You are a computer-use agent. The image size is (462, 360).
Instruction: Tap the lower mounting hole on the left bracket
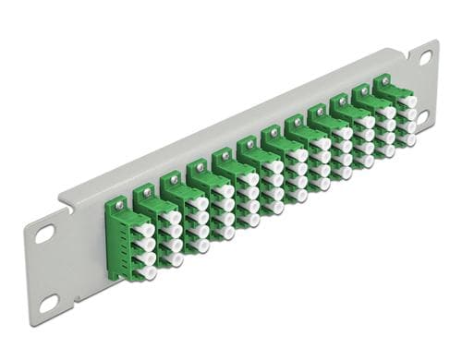(46, 301)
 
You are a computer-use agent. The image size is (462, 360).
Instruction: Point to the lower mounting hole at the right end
(423, 117)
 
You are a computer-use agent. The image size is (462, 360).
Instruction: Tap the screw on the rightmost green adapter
(383, 78)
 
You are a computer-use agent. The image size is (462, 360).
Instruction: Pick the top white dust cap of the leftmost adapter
(145, 229)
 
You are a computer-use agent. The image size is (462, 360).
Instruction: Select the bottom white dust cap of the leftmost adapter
(145, 272)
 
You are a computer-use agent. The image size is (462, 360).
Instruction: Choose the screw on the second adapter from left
(146, 189)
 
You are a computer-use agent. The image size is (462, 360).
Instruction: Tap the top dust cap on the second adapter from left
(174, 217)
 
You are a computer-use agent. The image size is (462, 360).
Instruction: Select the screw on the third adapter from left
(170, 176)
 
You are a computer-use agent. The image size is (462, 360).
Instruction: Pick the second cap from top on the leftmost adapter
(145, 244)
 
